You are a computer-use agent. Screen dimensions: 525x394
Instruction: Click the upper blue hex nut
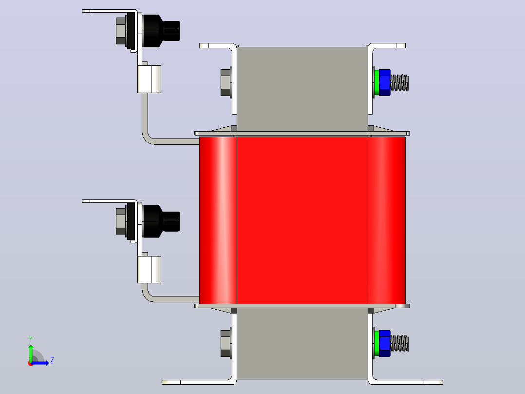[x=385, y=82]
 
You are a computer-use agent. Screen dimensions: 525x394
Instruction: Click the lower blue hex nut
[x=385, y=343]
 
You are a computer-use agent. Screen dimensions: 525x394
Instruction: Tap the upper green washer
[x=376, y=82]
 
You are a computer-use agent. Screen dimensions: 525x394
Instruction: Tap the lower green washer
[x=376, y=343]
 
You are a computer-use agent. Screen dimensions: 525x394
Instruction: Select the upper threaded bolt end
[x=399, y=82]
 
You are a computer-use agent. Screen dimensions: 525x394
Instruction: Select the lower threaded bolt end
[x=399, y=343]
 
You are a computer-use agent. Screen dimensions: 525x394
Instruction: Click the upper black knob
[x=161, y=31]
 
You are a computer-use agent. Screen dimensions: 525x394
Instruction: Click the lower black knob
[x=161, y=221]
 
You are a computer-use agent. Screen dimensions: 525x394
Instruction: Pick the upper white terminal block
[x=150, y=79]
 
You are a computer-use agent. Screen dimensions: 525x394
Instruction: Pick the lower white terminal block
[x=150, y=270]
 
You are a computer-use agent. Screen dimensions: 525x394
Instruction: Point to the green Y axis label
[x=31, y=339]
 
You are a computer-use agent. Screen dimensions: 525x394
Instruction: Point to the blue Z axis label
[x=52, y=360]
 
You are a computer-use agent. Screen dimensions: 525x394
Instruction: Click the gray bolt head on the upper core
[x=225, y=82]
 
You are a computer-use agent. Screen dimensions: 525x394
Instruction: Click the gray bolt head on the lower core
[x=225, y=343]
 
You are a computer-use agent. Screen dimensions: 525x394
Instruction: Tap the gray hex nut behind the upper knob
[x=121, y=31]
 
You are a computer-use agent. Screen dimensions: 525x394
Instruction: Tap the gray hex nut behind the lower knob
[x=121, y=221]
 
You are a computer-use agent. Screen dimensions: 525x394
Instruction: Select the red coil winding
[x=302, y=220]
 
